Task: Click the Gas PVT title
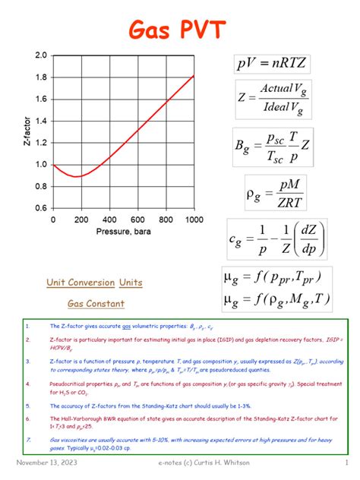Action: pyautogui.click(x=180, y=30)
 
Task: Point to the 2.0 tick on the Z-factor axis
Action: pyautogui.click(x=39, y=55)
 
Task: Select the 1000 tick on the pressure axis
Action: pyautogui.click(x=194, y=219)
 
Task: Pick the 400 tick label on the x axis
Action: pyautogui.click(x=109, y=219)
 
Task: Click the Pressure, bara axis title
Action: pyautogui.click(x=124, y=231)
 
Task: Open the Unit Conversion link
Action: pyautogui.click(x=80, y=283)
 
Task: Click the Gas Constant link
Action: pyautogui.click(x=95, y=303)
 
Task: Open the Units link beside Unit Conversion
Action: pyautogui.click(x=131, y=283)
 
